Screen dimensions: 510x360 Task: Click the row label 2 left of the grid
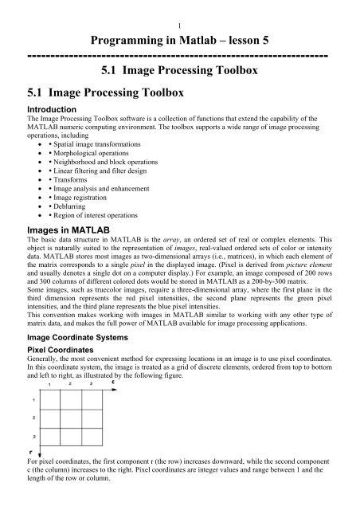[x=33, y=416]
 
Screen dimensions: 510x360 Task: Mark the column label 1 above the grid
[x=49, y=385]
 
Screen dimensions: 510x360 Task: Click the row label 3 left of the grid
[x=33, y=437]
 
